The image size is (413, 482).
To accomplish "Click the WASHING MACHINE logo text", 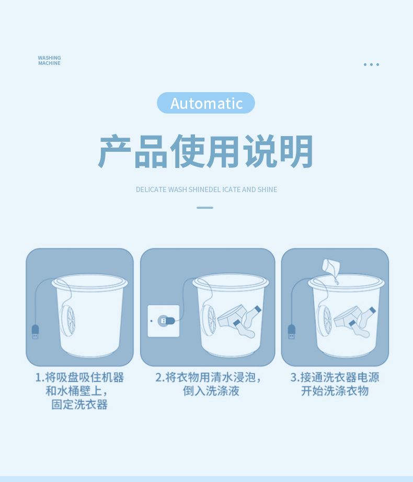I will click(x=49, y=61).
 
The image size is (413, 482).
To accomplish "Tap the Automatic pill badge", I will click(x=206, y=103).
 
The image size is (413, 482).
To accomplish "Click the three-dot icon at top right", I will click(x=371, y=64).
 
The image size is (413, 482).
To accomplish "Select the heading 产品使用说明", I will click(x=206, y=152).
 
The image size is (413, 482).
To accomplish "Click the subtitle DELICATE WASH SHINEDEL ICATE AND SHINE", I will click(x=206, y=189).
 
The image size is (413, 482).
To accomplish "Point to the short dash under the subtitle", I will click(x=205, y=208).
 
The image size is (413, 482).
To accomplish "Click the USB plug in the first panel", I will click(x=35, y=332).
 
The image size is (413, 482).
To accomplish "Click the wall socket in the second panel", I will click(x=164, y=320).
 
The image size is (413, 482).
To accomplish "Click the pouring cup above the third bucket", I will click(x=329, y=266).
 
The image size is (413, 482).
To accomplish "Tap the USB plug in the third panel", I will click(x=292, y=332).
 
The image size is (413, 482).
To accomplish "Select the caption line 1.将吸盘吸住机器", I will click(x=79, y=377).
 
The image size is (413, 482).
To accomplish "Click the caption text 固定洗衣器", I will click(x=79, y=405).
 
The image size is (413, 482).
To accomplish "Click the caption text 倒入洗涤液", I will click(x=211, y=391).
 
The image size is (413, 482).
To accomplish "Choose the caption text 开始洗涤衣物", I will click(x=335, y=391).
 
